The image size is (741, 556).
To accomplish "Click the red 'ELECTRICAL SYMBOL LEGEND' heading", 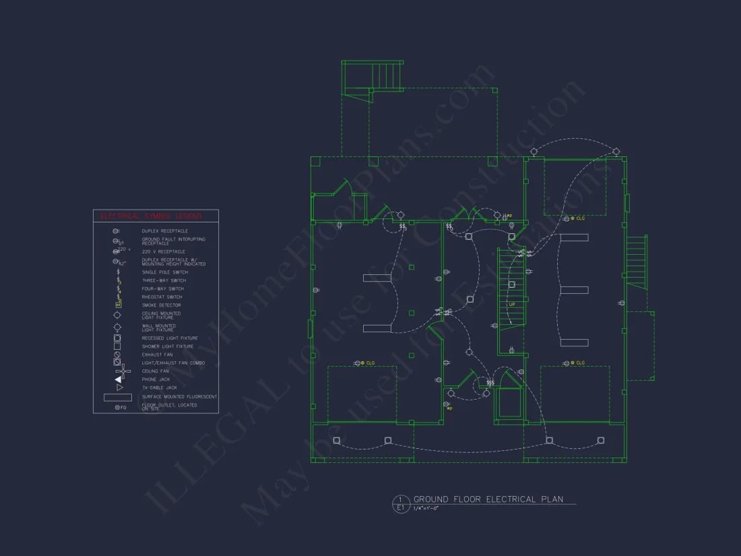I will tap(151, 216).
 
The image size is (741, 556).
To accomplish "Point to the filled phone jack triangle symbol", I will tap(118, 379).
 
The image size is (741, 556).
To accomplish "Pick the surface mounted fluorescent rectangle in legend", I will tap(117, 398).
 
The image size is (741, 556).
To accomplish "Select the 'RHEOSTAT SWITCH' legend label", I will tap(162, 297).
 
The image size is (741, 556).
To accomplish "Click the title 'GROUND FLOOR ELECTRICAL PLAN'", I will tap(484, 499).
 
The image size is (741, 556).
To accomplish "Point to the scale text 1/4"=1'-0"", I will tap(426, 508).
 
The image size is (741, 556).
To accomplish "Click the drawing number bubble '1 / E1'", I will tap(400, 503).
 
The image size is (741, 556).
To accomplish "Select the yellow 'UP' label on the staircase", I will tap(512, 305).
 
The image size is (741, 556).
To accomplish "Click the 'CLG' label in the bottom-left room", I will tap(370, 363).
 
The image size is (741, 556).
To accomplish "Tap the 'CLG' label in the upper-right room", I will tap(579, 218).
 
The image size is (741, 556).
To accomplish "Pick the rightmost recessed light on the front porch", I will tap(602, 441).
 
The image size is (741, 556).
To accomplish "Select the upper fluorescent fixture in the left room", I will tap(377, 278).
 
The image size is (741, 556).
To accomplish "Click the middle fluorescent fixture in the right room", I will tap(574, 290).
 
